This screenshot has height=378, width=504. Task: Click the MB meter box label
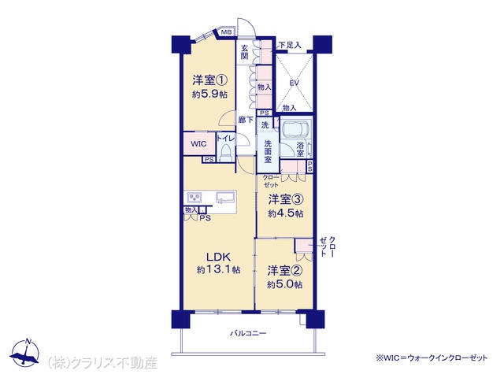pos(226,32)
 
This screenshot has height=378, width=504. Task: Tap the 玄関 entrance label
pos(245,52)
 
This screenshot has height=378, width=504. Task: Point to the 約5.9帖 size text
pos(210,94)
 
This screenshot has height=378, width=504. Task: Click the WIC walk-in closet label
pos(198,143)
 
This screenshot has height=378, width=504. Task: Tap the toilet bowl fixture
pos(225,153)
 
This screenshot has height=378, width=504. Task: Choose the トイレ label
pos(226,139)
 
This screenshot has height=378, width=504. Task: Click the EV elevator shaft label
pos(294,83)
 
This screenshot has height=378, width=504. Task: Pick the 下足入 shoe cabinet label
pos(290,46)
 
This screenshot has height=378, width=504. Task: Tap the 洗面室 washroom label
pos(268,151)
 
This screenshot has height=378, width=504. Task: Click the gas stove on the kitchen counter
pos(195,197)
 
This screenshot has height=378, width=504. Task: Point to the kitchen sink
pos(226,198)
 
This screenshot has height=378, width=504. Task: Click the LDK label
pos(218,257)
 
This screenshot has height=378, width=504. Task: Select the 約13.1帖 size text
pos(219,269)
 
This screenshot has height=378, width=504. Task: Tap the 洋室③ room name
pos(285,199)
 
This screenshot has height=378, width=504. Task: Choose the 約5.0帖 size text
pos(285,284)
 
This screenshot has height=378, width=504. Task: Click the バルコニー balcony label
pos(248,333)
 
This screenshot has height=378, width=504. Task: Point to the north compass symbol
pos(25,352)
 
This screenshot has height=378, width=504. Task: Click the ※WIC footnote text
pos(432,358)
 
